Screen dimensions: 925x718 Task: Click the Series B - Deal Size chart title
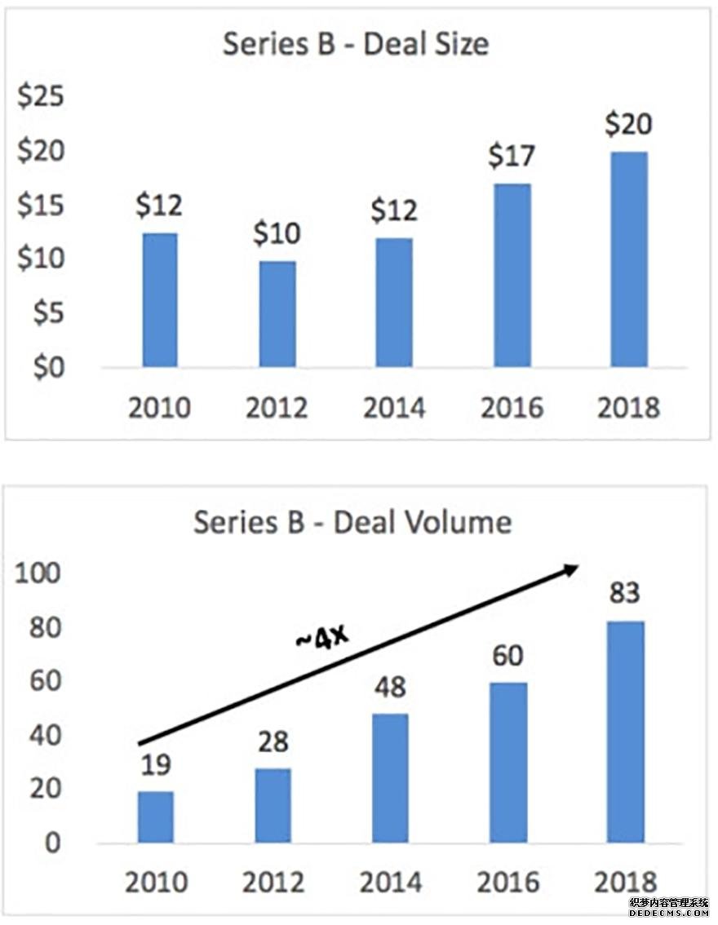coord(356,43)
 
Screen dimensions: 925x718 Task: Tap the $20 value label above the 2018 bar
coord(628,126)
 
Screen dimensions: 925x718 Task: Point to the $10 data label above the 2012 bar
coord(277,235)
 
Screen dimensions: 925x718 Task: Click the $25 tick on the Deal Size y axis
coord(41,98)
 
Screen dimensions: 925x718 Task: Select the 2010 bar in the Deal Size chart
coord(160,299)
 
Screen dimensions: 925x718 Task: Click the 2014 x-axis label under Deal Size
coord(394,406)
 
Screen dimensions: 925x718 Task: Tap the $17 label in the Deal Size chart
coord(511,157)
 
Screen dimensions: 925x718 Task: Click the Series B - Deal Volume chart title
coord(352,522)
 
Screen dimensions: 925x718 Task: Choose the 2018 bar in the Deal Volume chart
coord(626,732)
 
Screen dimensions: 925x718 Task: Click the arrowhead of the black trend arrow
coord(572,569)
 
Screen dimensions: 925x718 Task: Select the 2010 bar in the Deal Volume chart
coord(156,817)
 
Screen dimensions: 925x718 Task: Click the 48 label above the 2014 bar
coord(389,687)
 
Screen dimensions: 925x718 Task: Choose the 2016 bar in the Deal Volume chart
coord(507,762)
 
